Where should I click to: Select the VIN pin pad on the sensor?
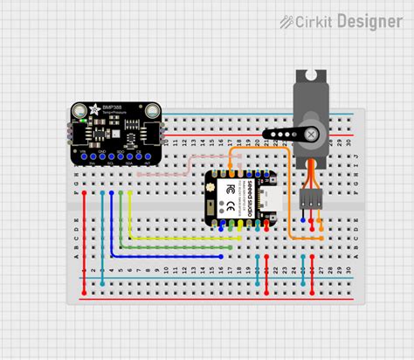82,155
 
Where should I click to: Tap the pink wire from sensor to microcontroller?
175,173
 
